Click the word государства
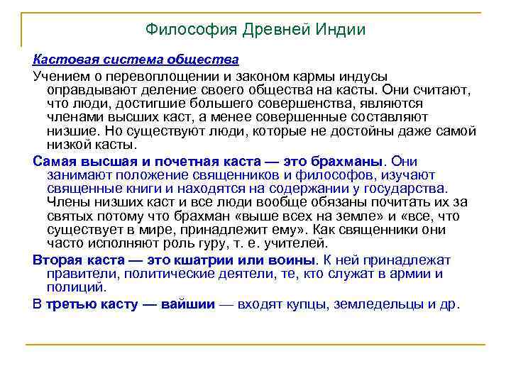coord(405,188)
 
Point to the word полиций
coord(75,287)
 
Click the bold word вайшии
coord(187,304)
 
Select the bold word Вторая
coord(55,259)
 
